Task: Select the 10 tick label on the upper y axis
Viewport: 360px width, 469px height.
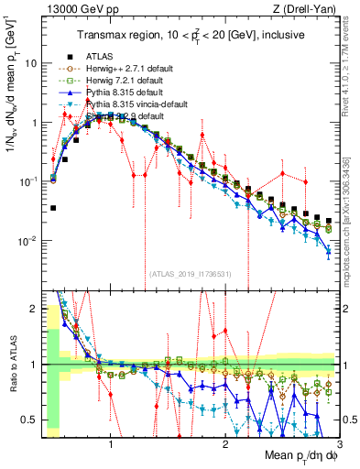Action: click(x=31, y=63)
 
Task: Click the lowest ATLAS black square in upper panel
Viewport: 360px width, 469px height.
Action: click(x=53, y=208)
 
